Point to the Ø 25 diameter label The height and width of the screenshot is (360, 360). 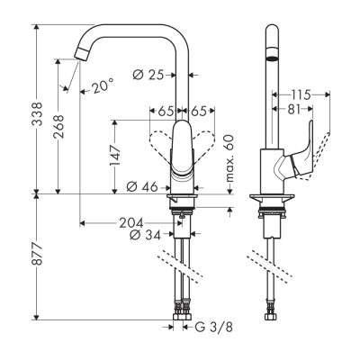click(x=150, y=75)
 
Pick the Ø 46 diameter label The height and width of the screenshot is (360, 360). click(x=144, y=187)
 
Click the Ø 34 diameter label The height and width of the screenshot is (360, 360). click(x=147, y=236)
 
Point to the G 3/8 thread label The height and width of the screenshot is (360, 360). click(x=213, y=328)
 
